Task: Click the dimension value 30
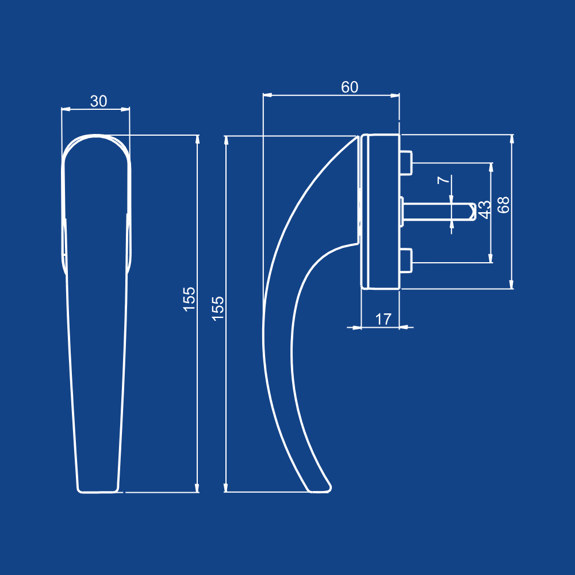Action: (99, 101)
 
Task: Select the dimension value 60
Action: (350, 87)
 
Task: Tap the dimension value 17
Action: (383, 319)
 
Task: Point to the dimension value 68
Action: (504, 205)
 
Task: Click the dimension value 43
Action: (484, 210)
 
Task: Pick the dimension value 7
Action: (443, 179)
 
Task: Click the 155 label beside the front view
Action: (189, 299)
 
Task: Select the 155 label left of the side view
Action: (218, 309)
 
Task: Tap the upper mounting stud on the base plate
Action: (406, 163)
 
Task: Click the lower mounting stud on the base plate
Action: (406, 260)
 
